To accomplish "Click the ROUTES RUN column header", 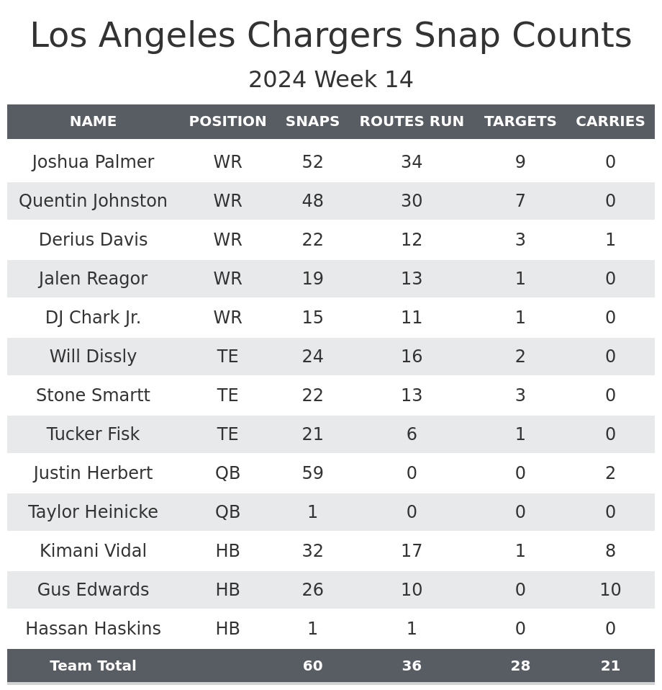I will (412, 122).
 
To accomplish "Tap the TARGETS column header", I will (520, 122).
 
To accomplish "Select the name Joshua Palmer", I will (93, 163).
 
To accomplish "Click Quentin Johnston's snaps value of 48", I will (312, 202).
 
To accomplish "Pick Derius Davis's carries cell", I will (610, 241).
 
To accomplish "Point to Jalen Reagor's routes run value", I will (412, 279).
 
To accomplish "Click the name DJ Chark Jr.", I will (93, 318).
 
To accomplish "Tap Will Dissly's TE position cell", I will (227, 357).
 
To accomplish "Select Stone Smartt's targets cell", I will (520, 396).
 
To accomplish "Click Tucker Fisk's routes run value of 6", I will (412, 435).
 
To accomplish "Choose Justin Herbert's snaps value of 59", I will (312, 474).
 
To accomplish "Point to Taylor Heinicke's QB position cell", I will (227, 513).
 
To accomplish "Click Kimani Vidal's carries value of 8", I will (610, 552).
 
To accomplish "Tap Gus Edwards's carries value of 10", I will (610, 591).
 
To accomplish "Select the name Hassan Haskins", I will (93, 629).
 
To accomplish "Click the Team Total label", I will (93, 666).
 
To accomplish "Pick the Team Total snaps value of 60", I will (312, 666).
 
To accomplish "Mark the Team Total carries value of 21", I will (610, 666).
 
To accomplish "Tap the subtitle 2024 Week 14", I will (331, 80).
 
